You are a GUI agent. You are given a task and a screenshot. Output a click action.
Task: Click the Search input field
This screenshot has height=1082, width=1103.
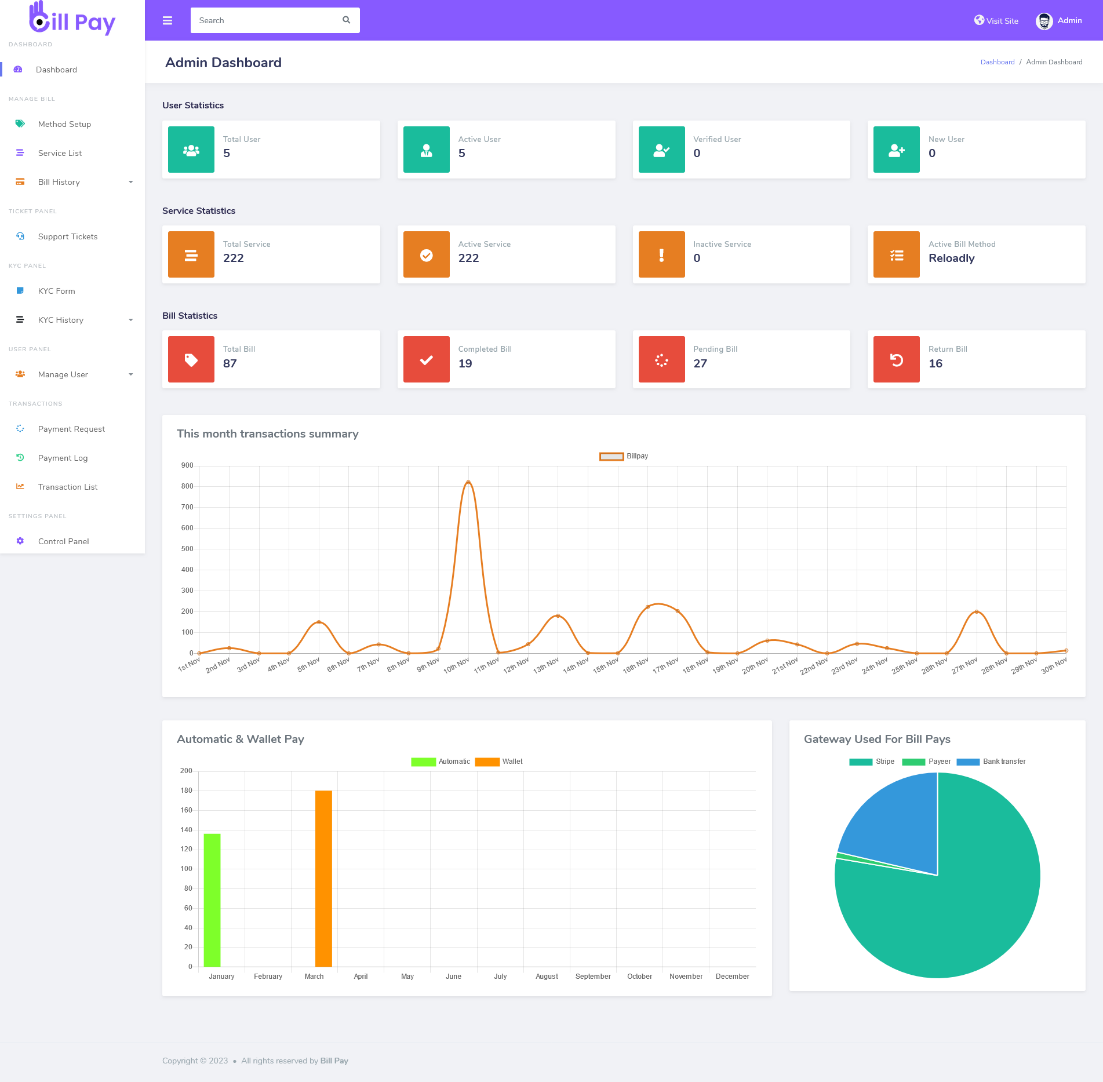(x=267, y=20)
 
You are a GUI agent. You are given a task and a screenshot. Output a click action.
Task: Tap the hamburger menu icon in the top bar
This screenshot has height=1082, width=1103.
(x=168, y=21)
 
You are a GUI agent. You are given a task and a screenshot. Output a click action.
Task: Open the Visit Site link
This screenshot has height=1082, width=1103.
(x=996, y=21)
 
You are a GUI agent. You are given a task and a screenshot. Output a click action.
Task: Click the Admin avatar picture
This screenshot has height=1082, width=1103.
(x=1044, y=21)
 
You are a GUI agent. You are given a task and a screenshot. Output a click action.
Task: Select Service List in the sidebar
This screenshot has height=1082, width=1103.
(x=60, y=153)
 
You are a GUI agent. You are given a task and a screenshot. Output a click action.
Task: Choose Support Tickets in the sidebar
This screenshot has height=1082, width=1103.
(x=67, y=236)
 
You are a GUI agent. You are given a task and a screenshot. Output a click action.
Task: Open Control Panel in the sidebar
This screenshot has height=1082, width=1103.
(x=63, y=541)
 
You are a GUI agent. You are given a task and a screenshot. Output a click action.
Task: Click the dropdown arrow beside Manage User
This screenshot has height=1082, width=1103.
(x=131, y=374)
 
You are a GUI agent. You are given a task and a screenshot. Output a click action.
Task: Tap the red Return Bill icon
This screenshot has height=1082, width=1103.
(x=896, y=359)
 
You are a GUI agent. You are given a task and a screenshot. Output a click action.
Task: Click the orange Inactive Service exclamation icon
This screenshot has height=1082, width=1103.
(x=661, y=254)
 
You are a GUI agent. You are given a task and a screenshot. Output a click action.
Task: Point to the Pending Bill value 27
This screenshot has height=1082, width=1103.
(x=700, y=363)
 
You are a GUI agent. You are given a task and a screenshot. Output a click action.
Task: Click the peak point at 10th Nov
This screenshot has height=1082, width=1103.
(x=468, y=482)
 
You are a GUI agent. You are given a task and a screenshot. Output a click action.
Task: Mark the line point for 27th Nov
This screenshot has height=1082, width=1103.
(x=977, y=612)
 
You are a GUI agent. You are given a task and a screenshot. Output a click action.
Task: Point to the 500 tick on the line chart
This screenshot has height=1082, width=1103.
(x=187, y=549)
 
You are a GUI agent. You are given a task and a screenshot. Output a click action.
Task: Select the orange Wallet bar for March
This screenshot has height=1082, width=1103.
(x=323, y=878)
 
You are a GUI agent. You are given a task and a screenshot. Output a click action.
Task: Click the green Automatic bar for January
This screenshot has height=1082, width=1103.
(x=212, y=900)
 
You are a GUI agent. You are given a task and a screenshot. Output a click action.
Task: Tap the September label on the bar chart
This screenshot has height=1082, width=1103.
(x=593, y=977)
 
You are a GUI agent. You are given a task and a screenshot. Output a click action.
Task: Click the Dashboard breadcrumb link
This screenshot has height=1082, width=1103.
(x=997, y=62)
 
